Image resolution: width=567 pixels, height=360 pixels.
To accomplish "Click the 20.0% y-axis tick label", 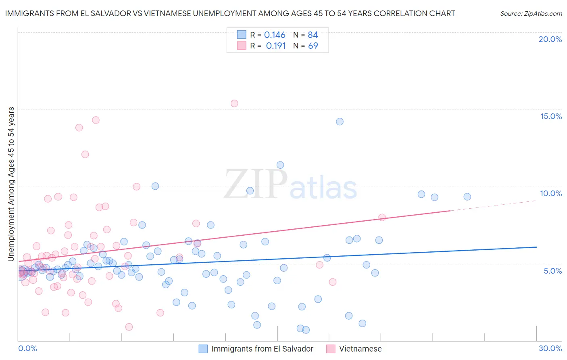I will [550, 39].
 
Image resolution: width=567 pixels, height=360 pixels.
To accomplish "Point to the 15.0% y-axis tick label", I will [551, 116].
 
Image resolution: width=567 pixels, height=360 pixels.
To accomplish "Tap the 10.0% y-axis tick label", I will [551, 193].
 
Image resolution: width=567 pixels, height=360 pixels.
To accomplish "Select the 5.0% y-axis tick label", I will [552, 271].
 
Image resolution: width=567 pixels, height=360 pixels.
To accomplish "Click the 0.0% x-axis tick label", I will [27, 348].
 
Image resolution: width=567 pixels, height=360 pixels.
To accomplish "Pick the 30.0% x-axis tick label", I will [550, 348].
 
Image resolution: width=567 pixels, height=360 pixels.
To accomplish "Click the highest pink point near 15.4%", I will [234, 103].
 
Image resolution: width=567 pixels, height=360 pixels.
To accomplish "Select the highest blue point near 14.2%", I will [340, 121].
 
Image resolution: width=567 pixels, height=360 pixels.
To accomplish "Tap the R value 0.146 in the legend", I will [275, 35].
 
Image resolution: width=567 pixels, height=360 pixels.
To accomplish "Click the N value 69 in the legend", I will [313, 46].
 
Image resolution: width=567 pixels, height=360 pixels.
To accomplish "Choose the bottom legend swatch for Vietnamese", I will [331, 349].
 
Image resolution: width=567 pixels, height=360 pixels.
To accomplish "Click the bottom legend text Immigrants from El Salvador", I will [262, 349].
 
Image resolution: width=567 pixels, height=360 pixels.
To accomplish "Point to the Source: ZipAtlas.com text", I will [531, 13].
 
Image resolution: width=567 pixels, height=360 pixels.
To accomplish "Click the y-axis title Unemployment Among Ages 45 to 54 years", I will [11, 184].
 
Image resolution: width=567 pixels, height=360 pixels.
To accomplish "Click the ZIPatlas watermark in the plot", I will [290, 184].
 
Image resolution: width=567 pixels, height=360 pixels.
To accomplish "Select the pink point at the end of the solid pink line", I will [382, 218].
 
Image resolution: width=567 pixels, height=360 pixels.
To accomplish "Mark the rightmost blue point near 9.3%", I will [467, 197].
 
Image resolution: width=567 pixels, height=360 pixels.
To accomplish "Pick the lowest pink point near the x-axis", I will [129, 327].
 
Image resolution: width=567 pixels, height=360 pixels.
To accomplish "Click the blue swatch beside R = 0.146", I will [242, 35].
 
